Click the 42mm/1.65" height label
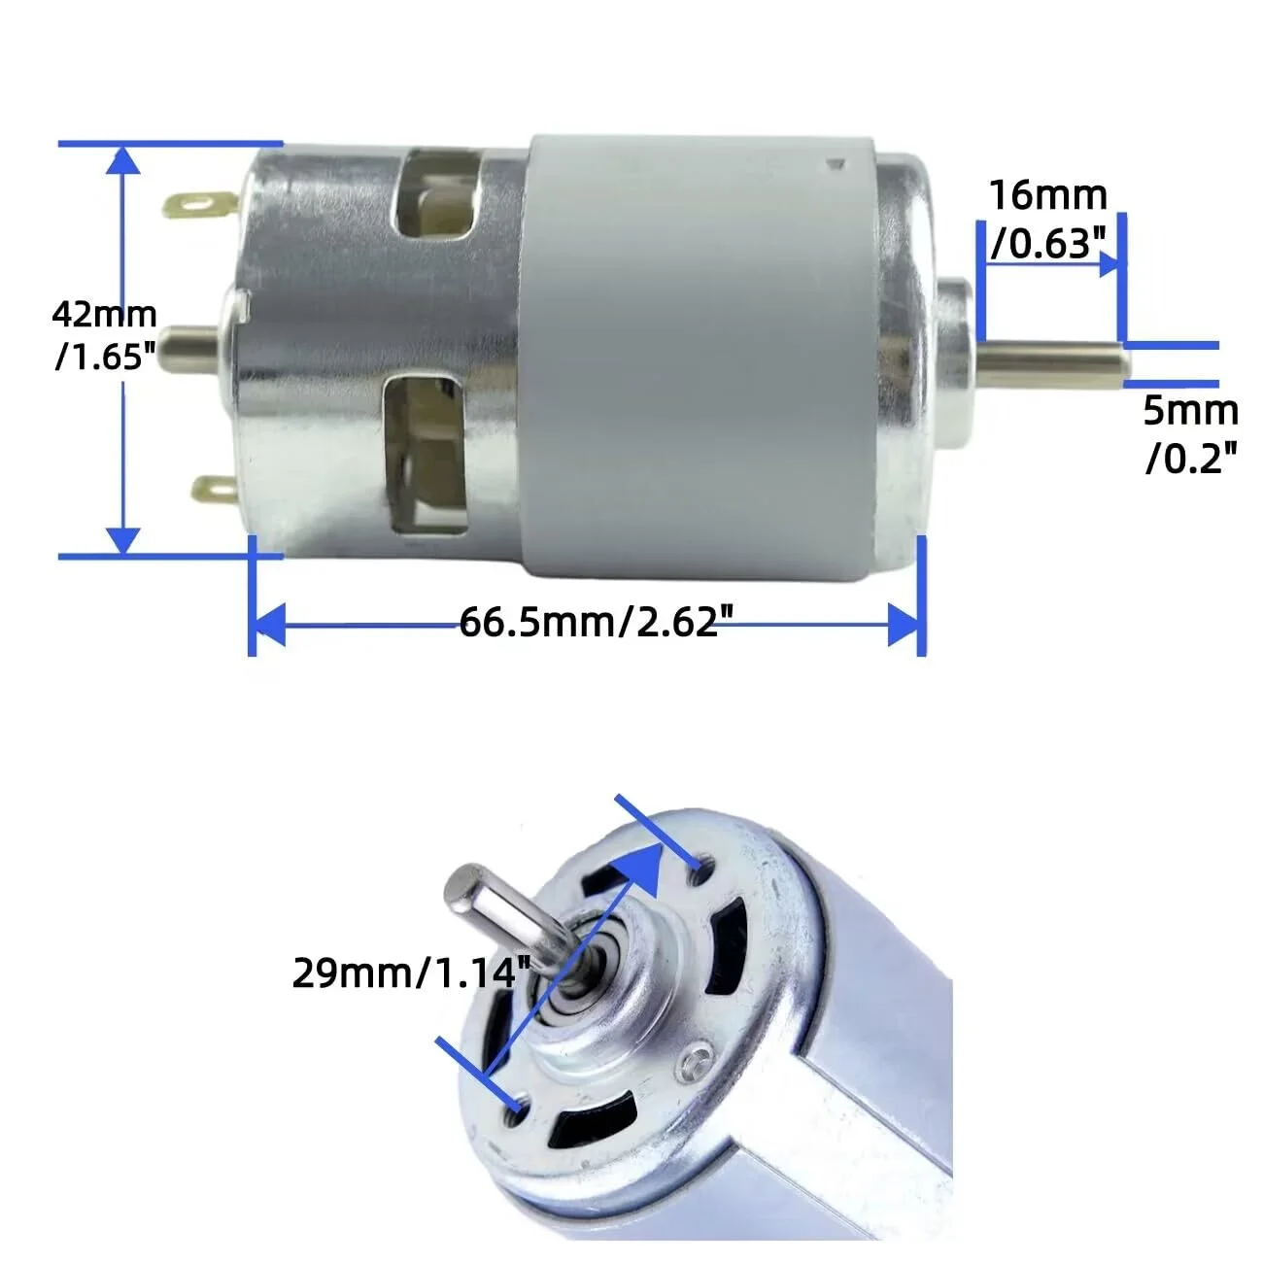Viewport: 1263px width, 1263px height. click(x=104, y=336)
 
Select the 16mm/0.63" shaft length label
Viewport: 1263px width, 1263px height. click(x=1047, y=221)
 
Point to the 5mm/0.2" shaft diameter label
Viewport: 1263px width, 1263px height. click(x=1190, y=433)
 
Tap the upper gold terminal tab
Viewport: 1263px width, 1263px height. click(x=198, y=205)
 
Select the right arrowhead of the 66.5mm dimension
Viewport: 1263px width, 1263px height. click(x=904, y=625)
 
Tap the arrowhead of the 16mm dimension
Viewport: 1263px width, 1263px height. click(x=1109, y=262)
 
